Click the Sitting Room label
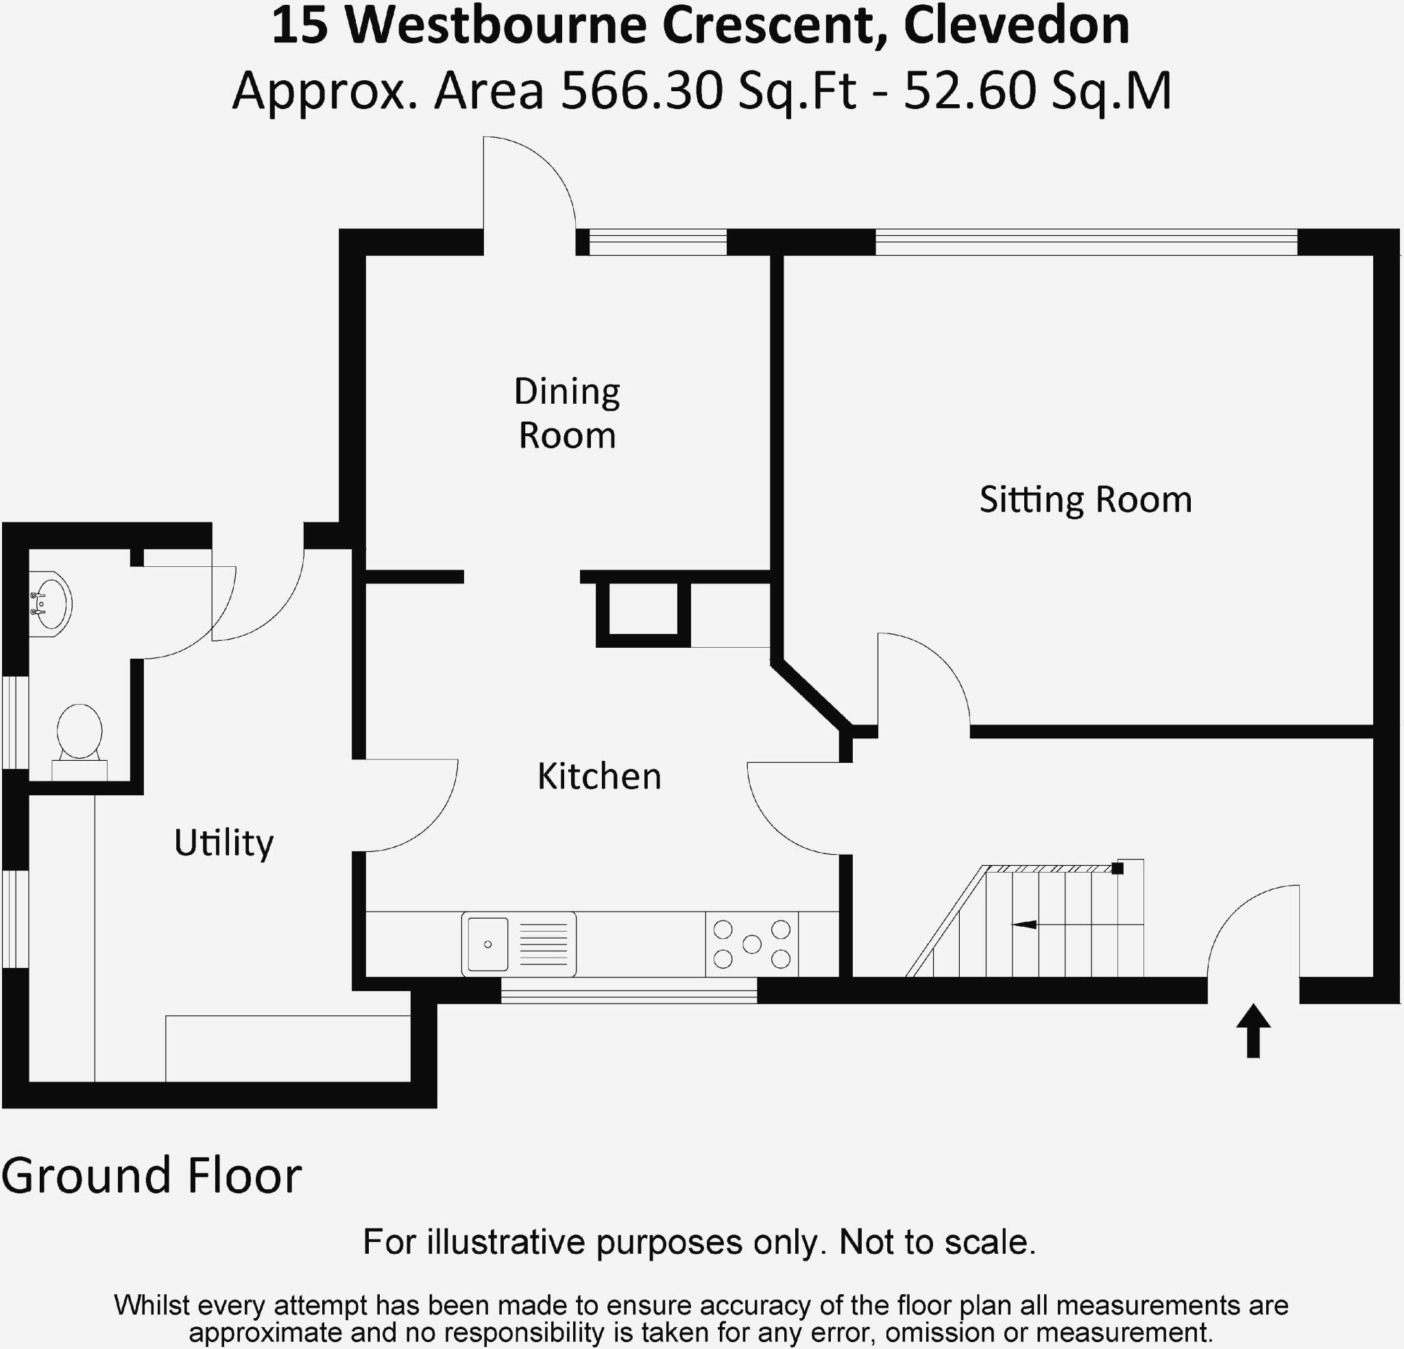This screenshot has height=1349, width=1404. click(1085, 500)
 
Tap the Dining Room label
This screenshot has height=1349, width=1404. click(567, 413)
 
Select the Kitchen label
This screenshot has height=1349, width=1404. click(599, 777)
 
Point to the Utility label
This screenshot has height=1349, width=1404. click(223, 842)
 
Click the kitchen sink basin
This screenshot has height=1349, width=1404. click(488, 943)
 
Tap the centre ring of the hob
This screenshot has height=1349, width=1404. click(751, 943)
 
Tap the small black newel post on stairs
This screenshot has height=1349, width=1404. click(1117, 868)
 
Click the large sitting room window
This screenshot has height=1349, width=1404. click(1086, 242)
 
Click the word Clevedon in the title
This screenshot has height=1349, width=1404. click(1017, 26)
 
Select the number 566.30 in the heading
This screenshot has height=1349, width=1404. click(641, 92)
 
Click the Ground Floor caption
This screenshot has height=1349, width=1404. click(152, 1176)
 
